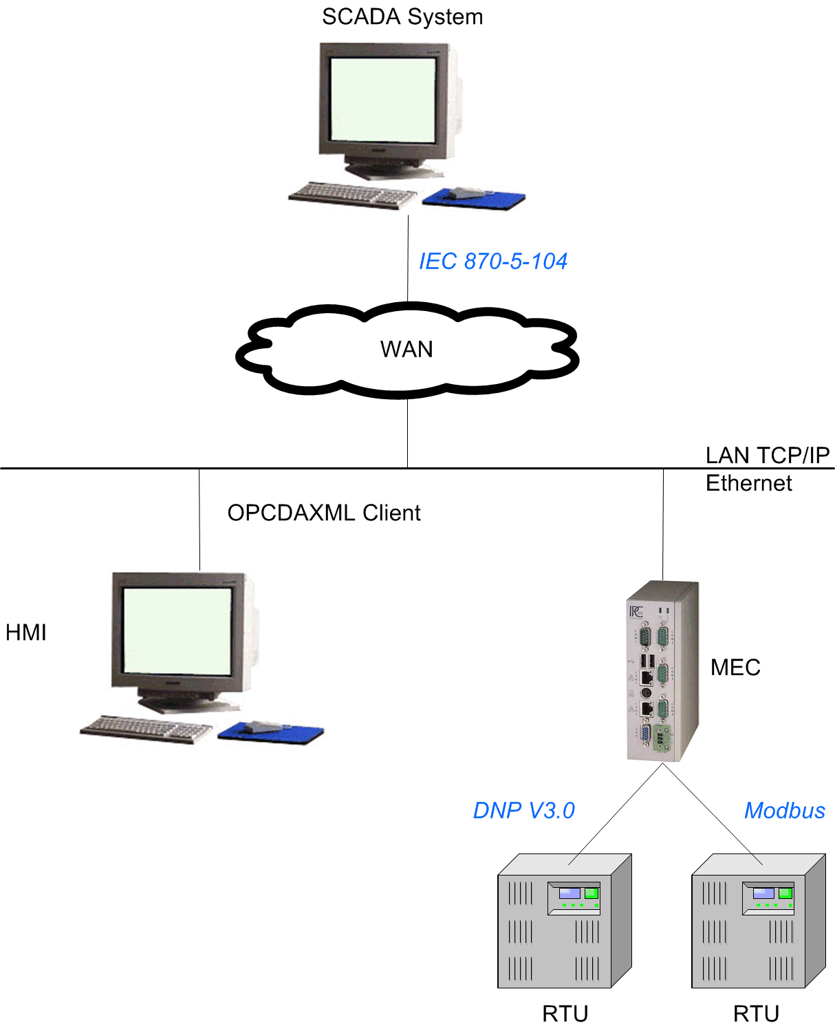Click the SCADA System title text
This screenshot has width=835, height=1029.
click(x=402, y=17)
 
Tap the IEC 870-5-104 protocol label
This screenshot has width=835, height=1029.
click(x=492, y=261)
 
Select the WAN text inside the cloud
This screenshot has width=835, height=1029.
click(x=406, y=349)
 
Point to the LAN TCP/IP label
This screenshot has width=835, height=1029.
click(x=768, y=455)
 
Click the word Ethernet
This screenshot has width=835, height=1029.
click(x=748, y=483)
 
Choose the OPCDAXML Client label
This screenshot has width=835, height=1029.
click(x=323, y=513)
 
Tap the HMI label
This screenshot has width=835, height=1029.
click(x=26, y=633)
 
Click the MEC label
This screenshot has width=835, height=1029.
click(x=735, y=667)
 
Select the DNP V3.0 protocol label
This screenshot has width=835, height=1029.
click(x=523, y=810)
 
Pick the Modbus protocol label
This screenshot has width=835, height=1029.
click(x=784, y=810)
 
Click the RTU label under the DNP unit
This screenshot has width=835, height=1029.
click(x=565, y=1013)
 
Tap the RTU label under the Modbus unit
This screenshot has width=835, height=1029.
click(x=756, y=1013)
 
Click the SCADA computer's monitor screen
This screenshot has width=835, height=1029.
click(x=382, y=100)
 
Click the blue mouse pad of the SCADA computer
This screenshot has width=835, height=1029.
click(x=474, y=199)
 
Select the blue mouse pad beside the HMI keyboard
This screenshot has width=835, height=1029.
click(x=270, y=733)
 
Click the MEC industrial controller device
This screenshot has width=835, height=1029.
click(x=662, y=671)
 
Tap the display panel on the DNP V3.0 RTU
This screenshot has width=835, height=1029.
click(x=574, y=898)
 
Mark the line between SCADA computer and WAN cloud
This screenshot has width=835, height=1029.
click(x=408, y=258)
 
